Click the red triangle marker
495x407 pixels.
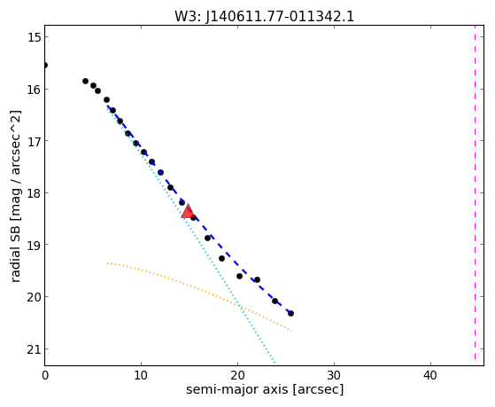188,211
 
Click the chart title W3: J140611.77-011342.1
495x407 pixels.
264,17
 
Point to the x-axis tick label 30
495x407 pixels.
334,376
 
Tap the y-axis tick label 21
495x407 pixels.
34,349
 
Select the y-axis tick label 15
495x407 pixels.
34,37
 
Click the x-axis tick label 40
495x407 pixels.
430,376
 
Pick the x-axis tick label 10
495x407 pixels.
141,376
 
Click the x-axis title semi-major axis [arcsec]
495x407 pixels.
265,389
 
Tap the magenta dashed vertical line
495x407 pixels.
475,192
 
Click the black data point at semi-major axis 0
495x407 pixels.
45,65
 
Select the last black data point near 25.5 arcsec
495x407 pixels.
290,313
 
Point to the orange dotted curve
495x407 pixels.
198,288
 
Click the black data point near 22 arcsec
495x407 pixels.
257,279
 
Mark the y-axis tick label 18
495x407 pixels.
34,193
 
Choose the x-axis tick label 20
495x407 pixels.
237,376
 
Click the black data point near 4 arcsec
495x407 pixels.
85,81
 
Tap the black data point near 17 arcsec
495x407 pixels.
207,238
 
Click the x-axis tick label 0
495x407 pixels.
45,376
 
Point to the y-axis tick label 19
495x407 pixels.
34,245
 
